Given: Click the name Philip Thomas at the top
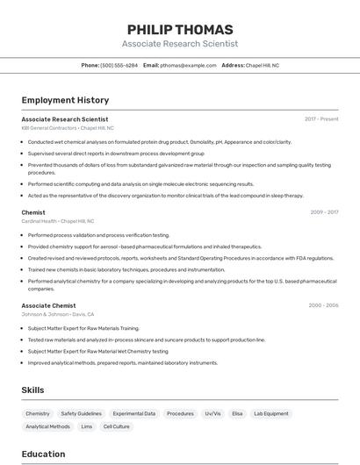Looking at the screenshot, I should (180, 30).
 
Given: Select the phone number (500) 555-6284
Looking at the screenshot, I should (119, 66).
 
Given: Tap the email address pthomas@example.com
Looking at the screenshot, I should (188, 66).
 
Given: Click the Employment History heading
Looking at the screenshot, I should (65, 100).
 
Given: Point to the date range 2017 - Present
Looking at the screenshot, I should (321, 119).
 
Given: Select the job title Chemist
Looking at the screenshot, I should (33, 212).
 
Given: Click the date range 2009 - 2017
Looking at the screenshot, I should (324, 212).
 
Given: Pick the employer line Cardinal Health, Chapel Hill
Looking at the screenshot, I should (58, 221).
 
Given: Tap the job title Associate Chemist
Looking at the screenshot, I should (48, 305).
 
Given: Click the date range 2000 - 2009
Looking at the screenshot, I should (323, 305).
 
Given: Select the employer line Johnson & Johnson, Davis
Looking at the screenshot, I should (58, 314).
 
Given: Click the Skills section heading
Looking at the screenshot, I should (32, 390).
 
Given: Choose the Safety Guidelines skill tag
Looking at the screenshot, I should (82, 413).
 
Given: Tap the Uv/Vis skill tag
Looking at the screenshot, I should (212, 413).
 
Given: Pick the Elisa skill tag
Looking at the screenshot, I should (237, 413).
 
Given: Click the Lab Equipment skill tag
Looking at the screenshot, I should (270, 413).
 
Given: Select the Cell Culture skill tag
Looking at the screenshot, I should (117, 426).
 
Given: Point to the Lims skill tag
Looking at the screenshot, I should (87, 426).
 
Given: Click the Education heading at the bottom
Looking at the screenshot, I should (43, 454).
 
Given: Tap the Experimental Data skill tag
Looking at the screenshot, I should (134, 413).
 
